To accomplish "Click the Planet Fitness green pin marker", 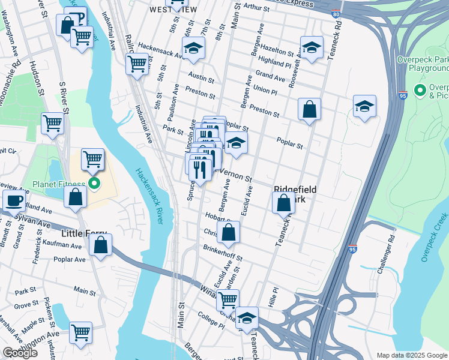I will [x=94, y=183].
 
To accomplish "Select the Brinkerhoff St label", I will [x=222, y=253].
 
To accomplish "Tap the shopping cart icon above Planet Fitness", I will [x=92, y=160].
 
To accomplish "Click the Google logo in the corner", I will [x=20, y=353].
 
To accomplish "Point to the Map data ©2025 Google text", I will [x=411, y=355].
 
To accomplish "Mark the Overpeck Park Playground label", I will [x=423, y=64].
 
